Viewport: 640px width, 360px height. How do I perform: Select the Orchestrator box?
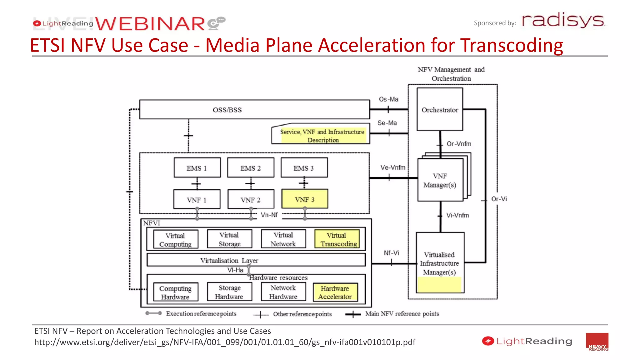pyautogui.click(x=440, y=109)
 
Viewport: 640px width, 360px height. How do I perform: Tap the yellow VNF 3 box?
pyautogui.click(x=305, y=199)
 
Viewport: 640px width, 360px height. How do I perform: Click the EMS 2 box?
pyautogui.click(x=251, y=168)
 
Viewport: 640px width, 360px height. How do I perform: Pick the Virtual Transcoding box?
pyautogui.click(x=337, y=239)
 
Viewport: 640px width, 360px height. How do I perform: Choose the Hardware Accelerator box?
pyautogui.click(x=335, y=292)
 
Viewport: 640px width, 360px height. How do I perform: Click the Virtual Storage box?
pyautogui.click(x=229, y=239)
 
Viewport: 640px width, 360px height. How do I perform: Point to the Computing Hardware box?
pyautogui.click(x=176, y=292)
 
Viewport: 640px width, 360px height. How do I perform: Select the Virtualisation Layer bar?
pyautogui.click(x=256, y=260)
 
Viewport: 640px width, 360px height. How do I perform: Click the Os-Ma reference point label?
pyautogui.click(x=388, y=99)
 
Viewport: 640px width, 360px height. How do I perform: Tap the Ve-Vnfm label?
pyautogui.click(x=392, y=167)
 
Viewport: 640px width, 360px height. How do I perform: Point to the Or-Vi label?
pyautogui.click(x=499, y=199)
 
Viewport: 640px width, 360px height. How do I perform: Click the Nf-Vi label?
pyautogui.click(x=391, y=253)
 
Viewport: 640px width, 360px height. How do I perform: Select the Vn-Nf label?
pyautogui.click(x=269, y=215)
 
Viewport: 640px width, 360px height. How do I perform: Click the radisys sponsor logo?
pyautogui.click(x=563, y=20)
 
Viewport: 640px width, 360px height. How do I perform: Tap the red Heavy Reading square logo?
pyautogui.click(x=597, y=342)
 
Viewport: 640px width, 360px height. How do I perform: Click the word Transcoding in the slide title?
pyautogui.click(x=512, y=45)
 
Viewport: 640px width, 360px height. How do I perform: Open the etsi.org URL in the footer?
pyautogui.click(x=225, y=342)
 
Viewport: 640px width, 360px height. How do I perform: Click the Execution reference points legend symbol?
pyautogui.click(x=153, y=313)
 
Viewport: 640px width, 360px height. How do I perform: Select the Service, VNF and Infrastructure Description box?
pyautogui.click(x=322, y=136)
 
